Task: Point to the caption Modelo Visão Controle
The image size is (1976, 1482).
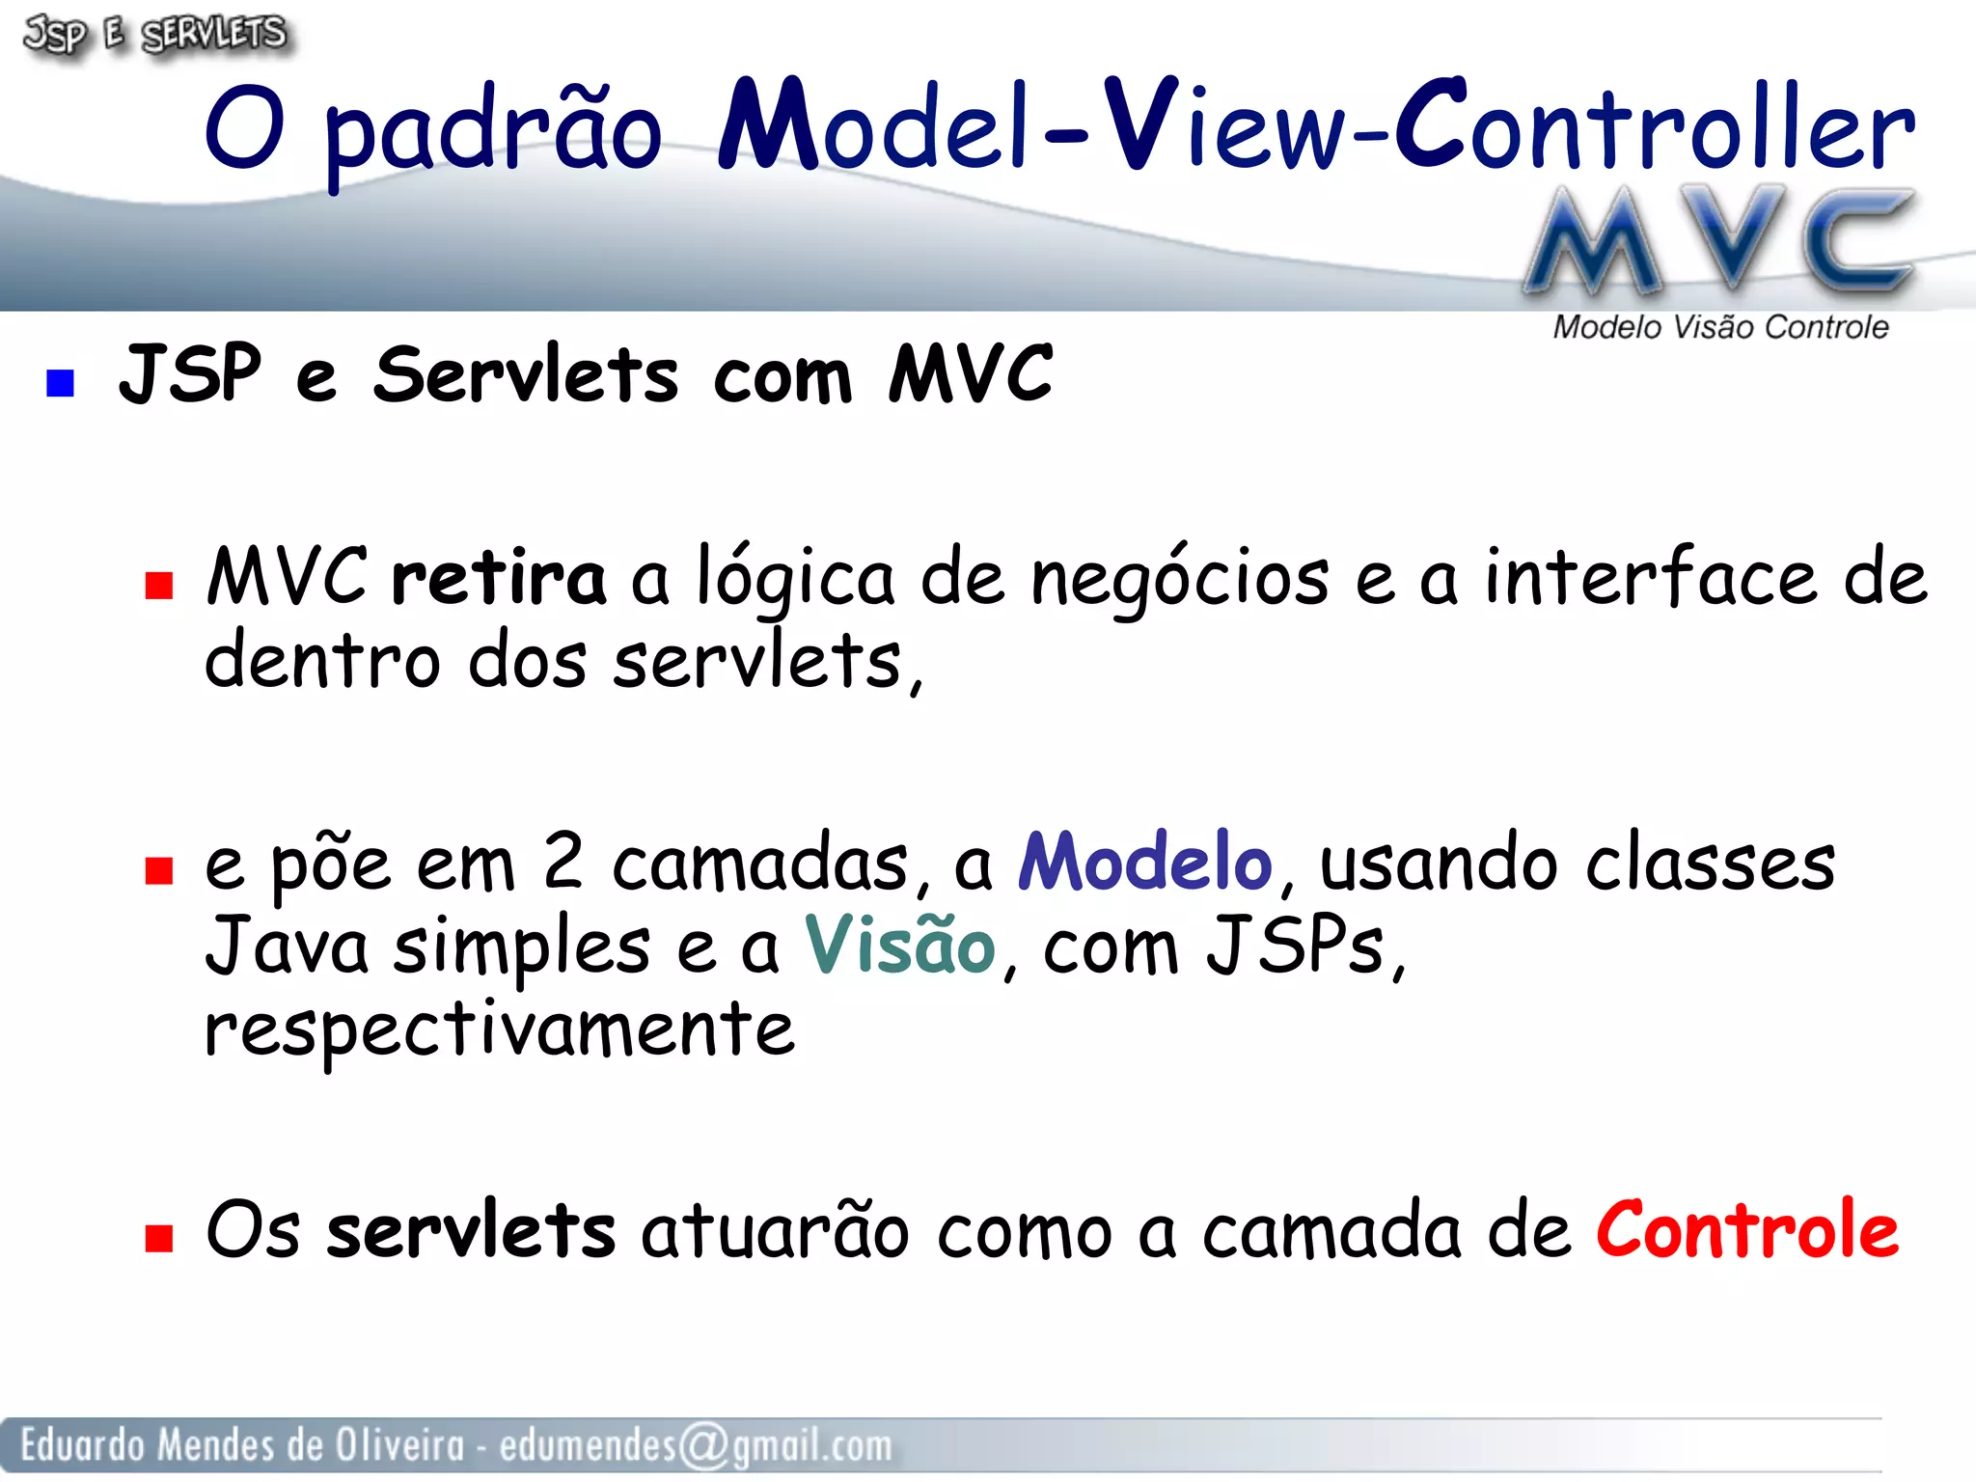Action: (1719, 328)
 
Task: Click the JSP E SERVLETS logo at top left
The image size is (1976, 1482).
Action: (154, 35)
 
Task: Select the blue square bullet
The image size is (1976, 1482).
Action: (60, 383)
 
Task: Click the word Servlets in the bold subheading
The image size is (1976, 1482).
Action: (526, 374)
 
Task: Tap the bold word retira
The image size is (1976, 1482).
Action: (498, 578)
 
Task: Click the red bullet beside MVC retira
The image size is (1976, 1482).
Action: (158, 586)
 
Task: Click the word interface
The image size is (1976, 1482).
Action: (1651, 578)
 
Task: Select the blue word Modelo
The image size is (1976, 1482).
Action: (1145, 861)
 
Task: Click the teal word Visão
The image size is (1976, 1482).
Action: (899, 945)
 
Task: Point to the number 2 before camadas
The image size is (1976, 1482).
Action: (563, 861)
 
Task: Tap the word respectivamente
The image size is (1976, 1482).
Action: (500, 1030)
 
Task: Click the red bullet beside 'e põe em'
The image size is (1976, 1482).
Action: (158, 870)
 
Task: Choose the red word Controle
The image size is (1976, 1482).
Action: (1746, 1229)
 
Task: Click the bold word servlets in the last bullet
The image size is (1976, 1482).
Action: (471, 1231)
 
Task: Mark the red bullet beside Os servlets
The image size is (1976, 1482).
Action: (158, 1238)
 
